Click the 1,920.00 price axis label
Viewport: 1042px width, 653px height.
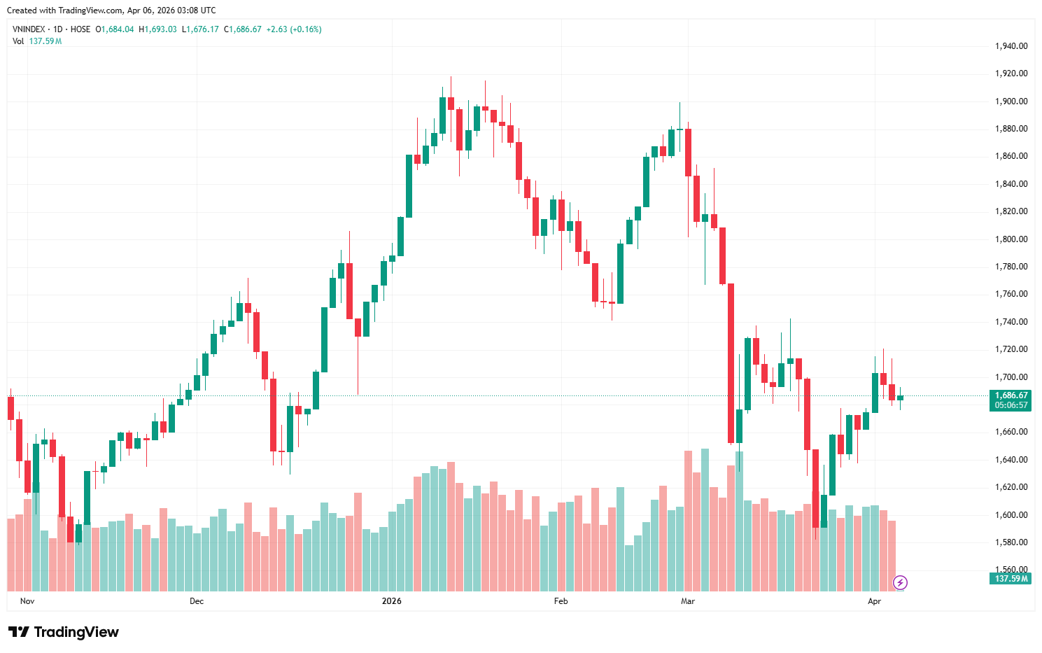[x=1011, y=73]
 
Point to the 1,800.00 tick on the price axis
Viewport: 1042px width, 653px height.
[x=1011, y=239]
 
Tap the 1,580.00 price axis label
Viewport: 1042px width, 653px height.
[x=1011, y=542]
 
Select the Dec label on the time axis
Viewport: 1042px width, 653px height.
[x=197, y=601]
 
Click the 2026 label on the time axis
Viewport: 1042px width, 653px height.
[x=392, y=601]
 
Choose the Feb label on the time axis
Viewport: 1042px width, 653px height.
[x=561, y=601]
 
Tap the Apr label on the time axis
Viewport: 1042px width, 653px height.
[x=874, y=601]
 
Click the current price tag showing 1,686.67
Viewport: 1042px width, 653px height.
[x=1011, y=395]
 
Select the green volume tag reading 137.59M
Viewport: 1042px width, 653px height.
[x=1011, y=579]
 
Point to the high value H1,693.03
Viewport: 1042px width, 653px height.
[x=157, y=29]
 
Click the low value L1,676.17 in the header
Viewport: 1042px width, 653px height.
[x=200, y=29]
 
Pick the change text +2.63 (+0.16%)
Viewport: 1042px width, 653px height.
[x=294, y=29]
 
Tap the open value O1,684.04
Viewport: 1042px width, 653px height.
[x=115, y=29]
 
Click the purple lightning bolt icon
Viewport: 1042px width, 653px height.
[x=901, y=582]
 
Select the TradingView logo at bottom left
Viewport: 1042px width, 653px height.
[x=64, y=632]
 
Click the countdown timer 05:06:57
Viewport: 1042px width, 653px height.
[x=1011, y=405]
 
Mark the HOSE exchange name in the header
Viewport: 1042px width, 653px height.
[x=80, y=29]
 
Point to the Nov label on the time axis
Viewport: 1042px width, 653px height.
[x=27, y=601]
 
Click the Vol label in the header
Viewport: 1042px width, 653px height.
[x=18, y=41]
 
